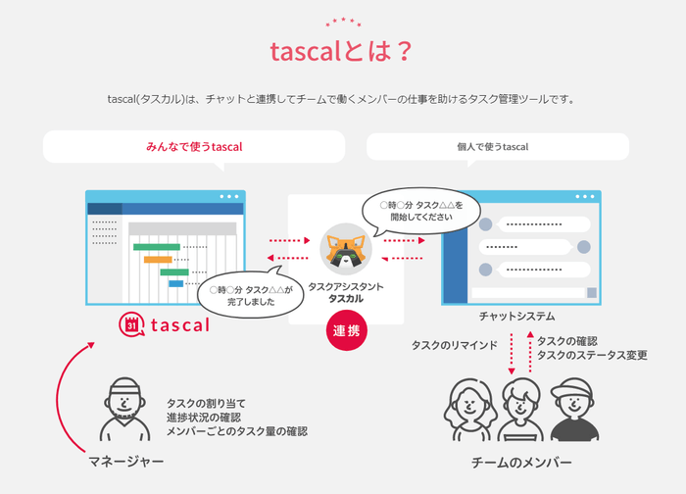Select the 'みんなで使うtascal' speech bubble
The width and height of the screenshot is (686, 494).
(194, 147)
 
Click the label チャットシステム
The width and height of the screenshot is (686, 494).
(516, 316)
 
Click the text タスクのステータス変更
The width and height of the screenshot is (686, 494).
(592, 355)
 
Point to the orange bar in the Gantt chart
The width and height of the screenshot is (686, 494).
(158, 260)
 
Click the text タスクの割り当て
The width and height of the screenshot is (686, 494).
(206, 403)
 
